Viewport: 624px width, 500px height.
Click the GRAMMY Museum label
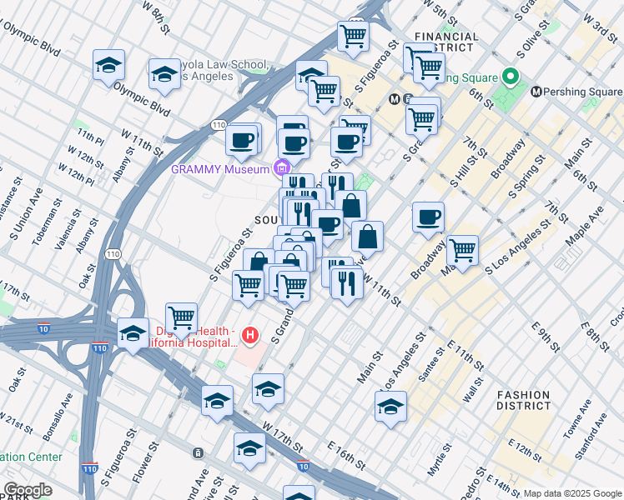pyautogui.click(x=220, y=168)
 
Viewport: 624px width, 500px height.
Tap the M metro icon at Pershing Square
pyautogui.click(x=536, y=91)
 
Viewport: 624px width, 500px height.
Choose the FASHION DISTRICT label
pyautogui.click(x=523, y=401)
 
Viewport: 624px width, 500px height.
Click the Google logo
pyautogui.click(x=28, y=489)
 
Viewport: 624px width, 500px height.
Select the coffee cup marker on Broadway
pyautogui.click(x=428, y=217)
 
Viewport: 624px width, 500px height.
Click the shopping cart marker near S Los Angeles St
pyautogui.click(x=462, y=249)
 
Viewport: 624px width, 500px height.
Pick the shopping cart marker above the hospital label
pyautogui.click(x=181, y=317)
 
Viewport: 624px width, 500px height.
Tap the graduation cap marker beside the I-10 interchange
pyautogui.click(x=133, y=334)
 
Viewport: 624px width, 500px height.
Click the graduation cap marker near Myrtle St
pyautogui.click(x=390, y=407)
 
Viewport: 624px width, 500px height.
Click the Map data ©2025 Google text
pyautogui.click(x=571, y=493)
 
